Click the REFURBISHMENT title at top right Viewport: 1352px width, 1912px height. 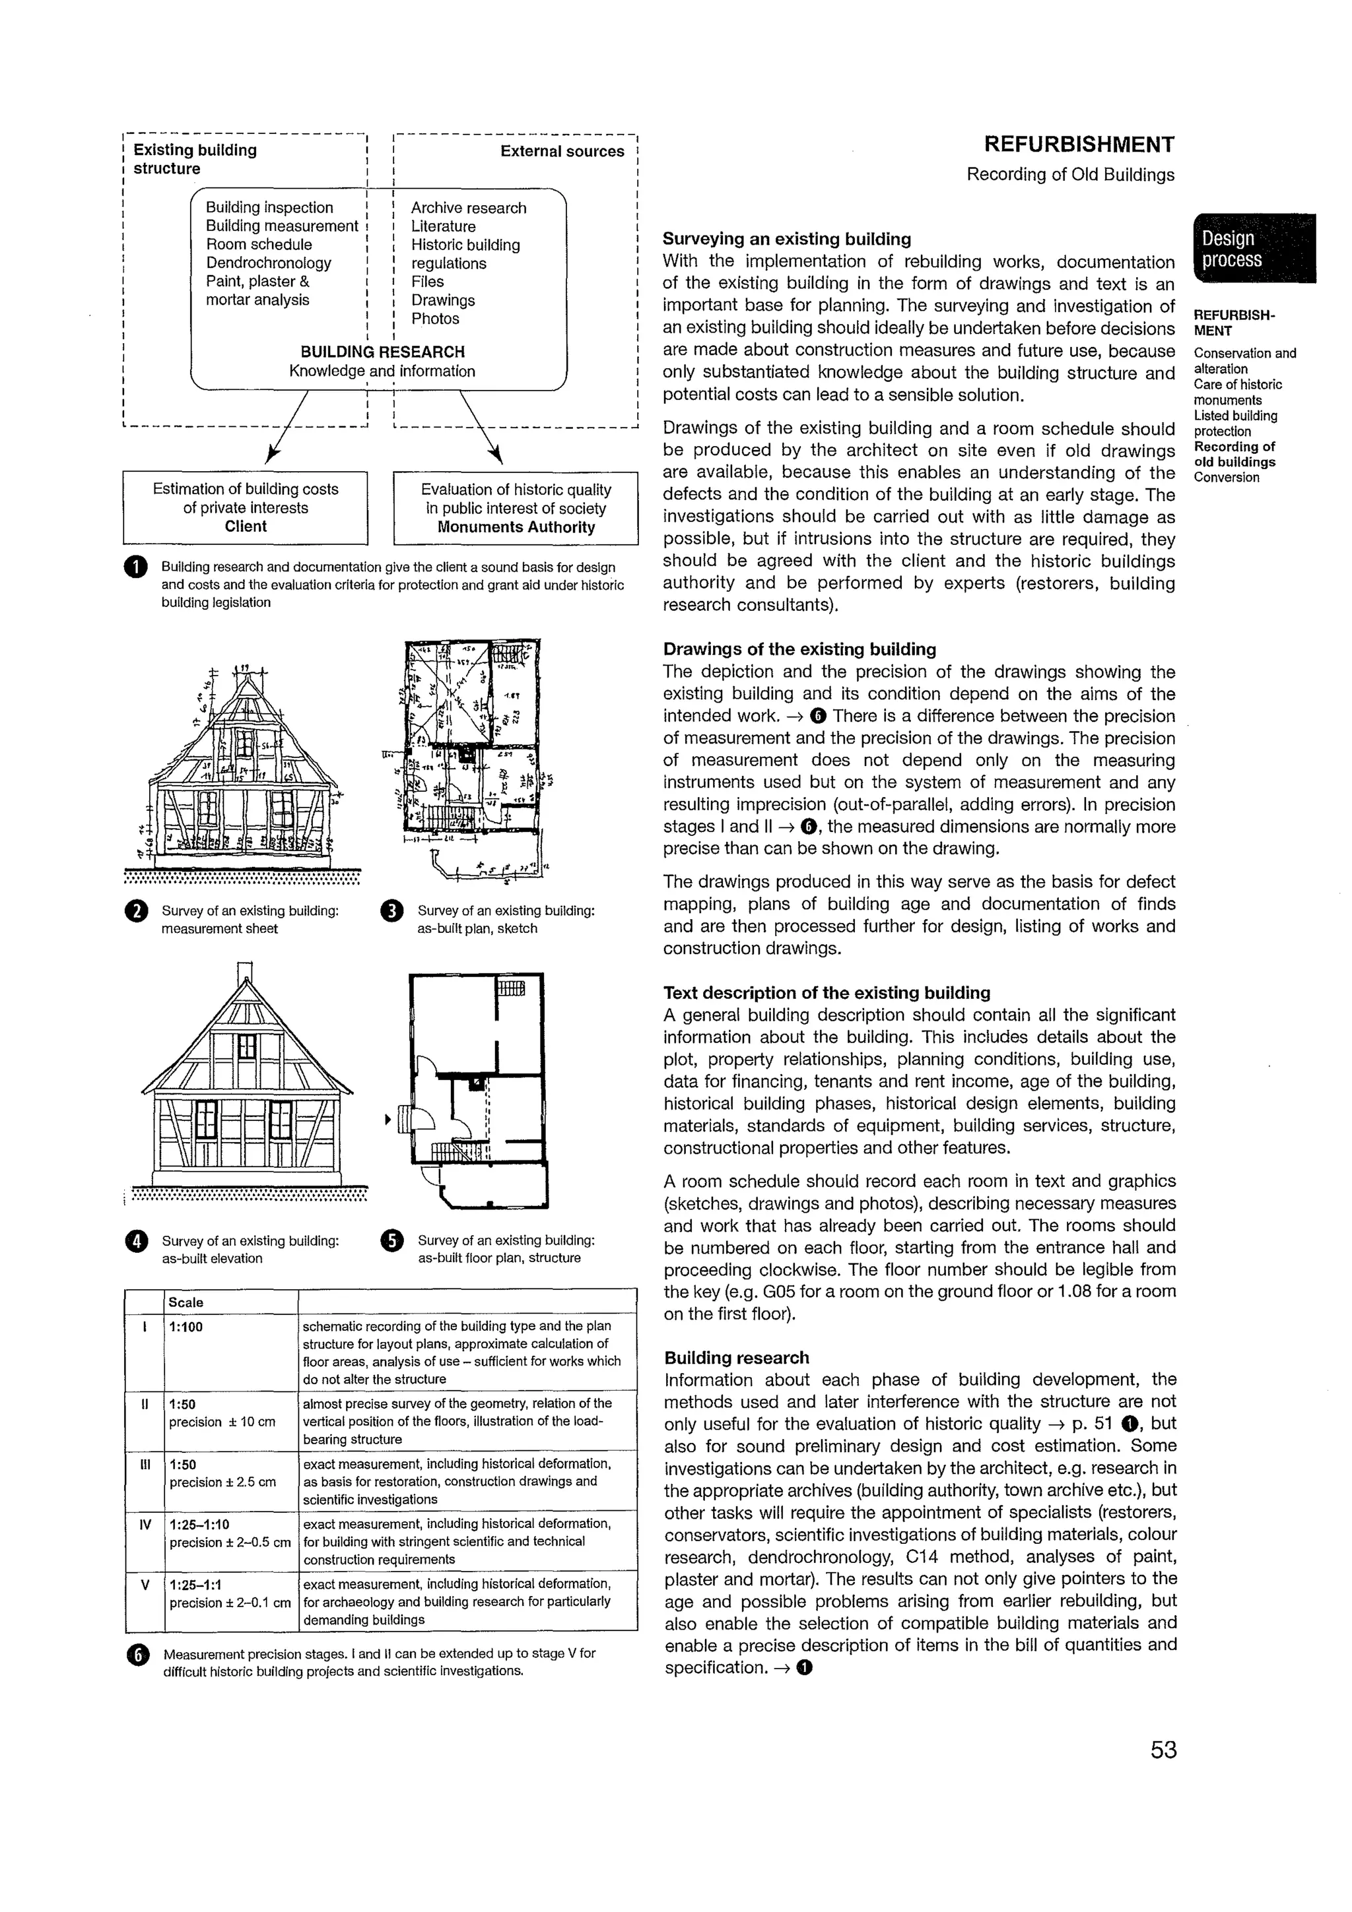pyautogui.click(x=1079, y=145)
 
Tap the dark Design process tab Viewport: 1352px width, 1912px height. pyautogui.click(x=1254, y=249)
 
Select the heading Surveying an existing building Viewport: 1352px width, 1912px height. pyautogui.click(x=786, y=239)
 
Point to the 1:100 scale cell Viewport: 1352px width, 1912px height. pyautogui.click(x=186, y=1327)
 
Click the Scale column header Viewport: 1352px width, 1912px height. pyautogui.click(x=186, y=1302)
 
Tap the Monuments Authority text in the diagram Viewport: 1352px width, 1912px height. pyautogui.click(x=516, y=527)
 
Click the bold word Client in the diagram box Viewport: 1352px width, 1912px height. pyautogui.click(x=245, y=526)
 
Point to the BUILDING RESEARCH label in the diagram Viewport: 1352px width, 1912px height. pyautogui.click(x=382, y=352)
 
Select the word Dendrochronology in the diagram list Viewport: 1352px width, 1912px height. pyautogui.click(x=268, y=263)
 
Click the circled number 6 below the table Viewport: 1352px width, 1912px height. pyautogui.click(x=137, y=1655)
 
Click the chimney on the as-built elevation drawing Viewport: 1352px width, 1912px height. pyautogui.click(x=244, y=972)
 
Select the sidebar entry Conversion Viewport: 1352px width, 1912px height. pyautogui.click(x=1226, y=477)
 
